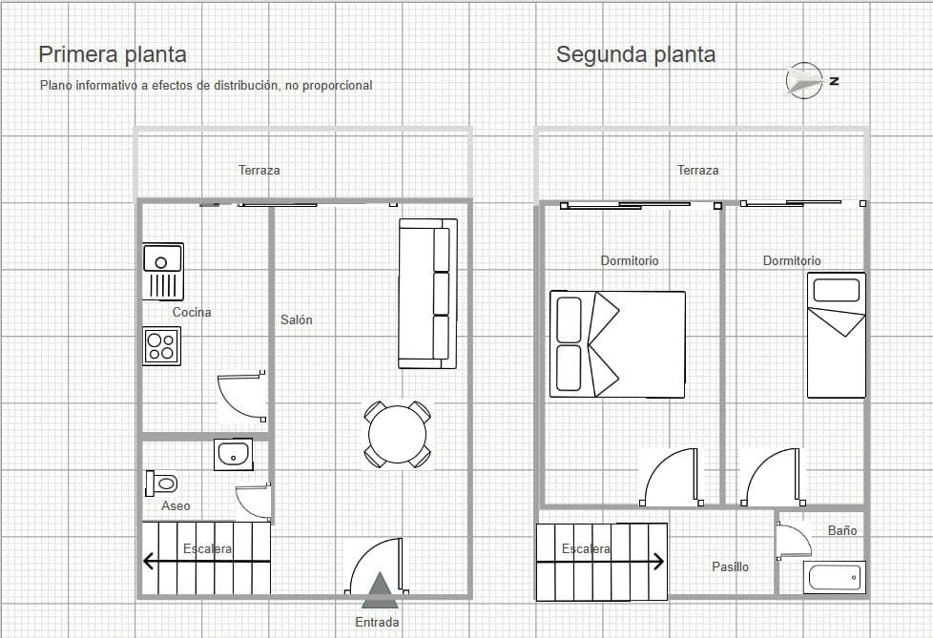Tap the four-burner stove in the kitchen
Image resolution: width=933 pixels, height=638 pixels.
pyautogui.click(x=162, y=345)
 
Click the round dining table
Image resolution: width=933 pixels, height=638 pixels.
pyautogui.click(x=397, y=436)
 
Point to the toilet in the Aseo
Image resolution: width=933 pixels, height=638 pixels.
pyautogui.click(x=161, y=483)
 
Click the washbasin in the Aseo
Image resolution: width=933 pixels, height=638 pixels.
pyautogui.click(x=233, y=455)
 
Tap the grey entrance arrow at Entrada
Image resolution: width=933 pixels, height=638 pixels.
pyautogui.click(x=380, y=590)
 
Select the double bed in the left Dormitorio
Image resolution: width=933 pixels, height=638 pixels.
pyautogui.click(x=617, y=344)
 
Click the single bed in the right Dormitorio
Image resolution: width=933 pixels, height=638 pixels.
pyautogui.click(x=836, y=335)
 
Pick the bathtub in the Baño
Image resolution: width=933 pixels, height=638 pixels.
pyautogui.click(x=834, y=577)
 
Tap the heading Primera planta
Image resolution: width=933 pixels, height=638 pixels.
pyautogui.click(x=113, y=54)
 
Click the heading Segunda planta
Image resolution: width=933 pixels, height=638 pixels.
pyautogui.click(x=635, y=54)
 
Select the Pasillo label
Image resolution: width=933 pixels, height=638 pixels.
pyautogui.click(x=730, y=566)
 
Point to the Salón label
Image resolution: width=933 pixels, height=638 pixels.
pyautogui.click(x=296, y=320)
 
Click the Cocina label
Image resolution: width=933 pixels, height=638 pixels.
pyautogui.click(x=192, y=312)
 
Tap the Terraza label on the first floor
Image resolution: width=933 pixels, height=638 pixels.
pyautogui.click(x=259, y=170)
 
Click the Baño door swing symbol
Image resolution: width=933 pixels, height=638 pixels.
pyautogui.click(x=792, y=541)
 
